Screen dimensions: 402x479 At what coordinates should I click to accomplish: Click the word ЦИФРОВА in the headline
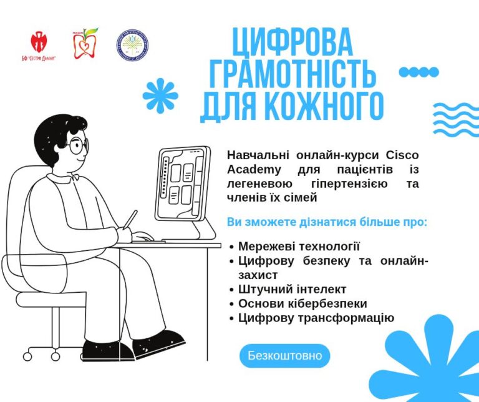coord(292,42)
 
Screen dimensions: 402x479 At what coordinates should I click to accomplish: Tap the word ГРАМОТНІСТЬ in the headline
coord(292,74)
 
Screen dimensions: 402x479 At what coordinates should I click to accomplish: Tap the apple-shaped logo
coord(85,43)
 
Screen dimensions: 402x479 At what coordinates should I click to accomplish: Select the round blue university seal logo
coord(132,45)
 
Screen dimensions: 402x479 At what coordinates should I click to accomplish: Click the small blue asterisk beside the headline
coord(160,96)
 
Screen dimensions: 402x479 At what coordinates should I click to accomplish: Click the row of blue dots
coord(419,72)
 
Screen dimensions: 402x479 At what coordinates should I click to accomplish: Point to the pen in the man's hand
coord(130,220)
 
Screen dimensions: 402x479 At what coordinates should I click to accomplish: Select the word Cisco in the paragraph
coord(402,155)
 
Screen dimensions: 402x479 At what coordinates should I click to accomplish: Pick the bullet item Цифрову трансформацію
coord(316,318)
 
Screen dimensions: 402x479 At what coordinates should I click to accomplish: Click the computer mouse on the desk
coord(143,237)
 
